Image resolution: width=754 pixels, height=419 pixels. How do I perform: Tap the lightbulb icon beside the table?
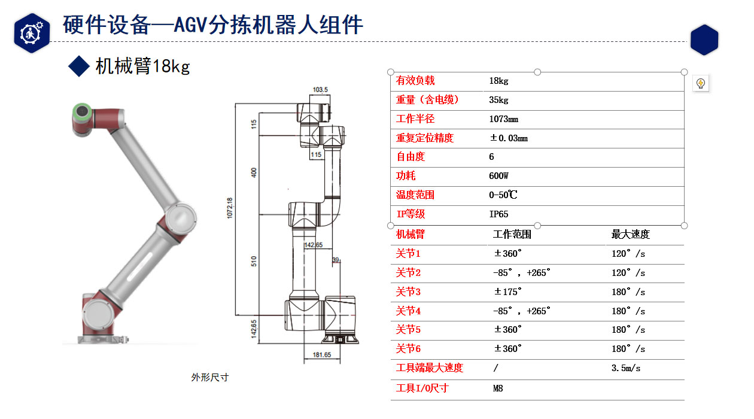pyautogui.click(x=701, y=83)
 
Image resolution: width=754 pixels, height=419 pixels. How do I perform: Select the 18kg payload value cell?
pyautogui.click(x=498, y=81)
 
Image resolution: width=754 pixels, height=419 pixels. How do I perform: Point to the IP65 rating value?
pyautogui.click(x=498, y=214)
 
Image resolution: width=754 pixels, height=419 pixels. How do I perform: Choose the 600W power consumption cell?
pyautogui.click(x=498, y=176)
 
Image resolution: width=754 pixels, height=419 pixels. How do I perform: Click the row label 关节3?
pyautogui.click(x=408, y=292)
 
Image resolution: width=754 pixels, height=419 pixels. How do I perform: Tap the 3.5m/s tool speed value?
pyautogui.click(x=625, y=368)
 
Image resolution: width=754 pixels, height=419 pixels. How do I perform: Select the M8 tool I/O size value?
pyautogui.click(x=498, y=388)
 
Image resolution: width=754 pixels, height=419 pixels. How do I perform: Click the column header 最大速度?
pyautogui.click(x=630, y=234)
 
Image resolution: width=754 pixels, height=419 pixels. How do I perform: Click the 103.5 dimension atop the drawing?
pyautogui.click(x=320, y=90)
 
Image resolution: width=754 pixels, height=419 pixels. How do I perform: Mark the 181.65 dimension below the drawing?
pyautogui.click(x=321, y=355)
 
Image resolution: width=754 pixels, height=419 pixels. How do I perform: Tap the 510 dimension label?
pyautogui.click(x=254, y=261)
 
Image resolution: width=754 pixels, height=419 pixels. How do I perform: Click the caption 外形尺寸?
pyautogui.click(x=209, y=377)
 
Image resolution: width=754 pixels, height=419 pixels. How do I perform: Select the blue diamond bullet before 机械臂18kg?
pyautogui.click(x=78, y=66)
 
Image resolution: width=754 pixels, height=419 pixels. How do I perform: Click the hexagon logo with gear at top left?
pyautogui.click(x=32, y=33)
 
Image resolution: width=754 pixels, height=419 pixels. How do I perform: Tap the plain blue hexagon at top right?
pyautogui.click(x=704, y=40)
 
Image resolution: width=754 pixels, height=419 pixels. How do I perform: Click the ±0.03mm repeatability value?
pyautogui.click(x=508, y=138)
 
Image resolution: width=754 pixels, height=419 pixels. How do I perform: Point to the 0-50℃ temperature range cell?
pyautogui.click(x=503, y=195)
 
